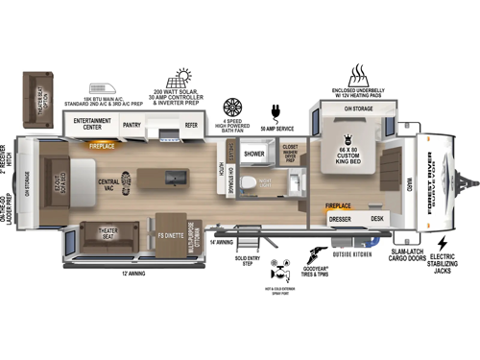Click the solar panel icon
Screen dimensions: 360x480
click(x=180, y=78)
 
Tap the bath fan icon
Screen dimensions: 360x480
click(x=232, y=107)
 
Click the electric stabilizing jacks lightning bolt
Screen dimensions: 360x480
click(x=443, y=244)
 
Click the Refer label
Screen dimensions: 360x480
click(x=191, y=124)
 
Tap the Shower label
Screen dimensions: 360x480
click(x=253, y=154)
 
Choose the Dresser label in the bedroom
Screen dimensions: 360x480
click(x=341, y=220)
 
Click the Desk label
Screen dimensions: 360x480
click(x=377, y=220)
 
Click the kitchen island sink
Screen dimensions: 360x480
click(x=175, y=179)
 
